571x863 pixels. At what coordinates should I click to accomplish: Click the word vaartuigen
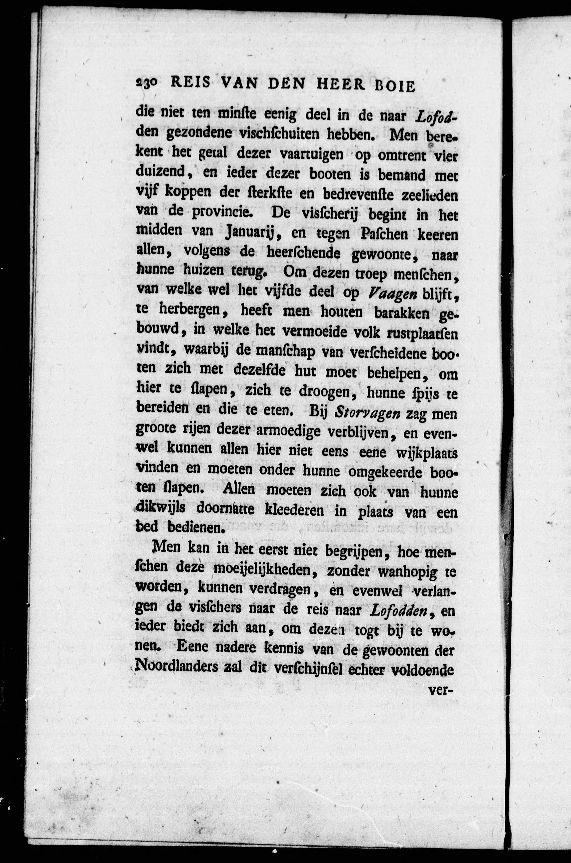(x=311, y=154)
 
